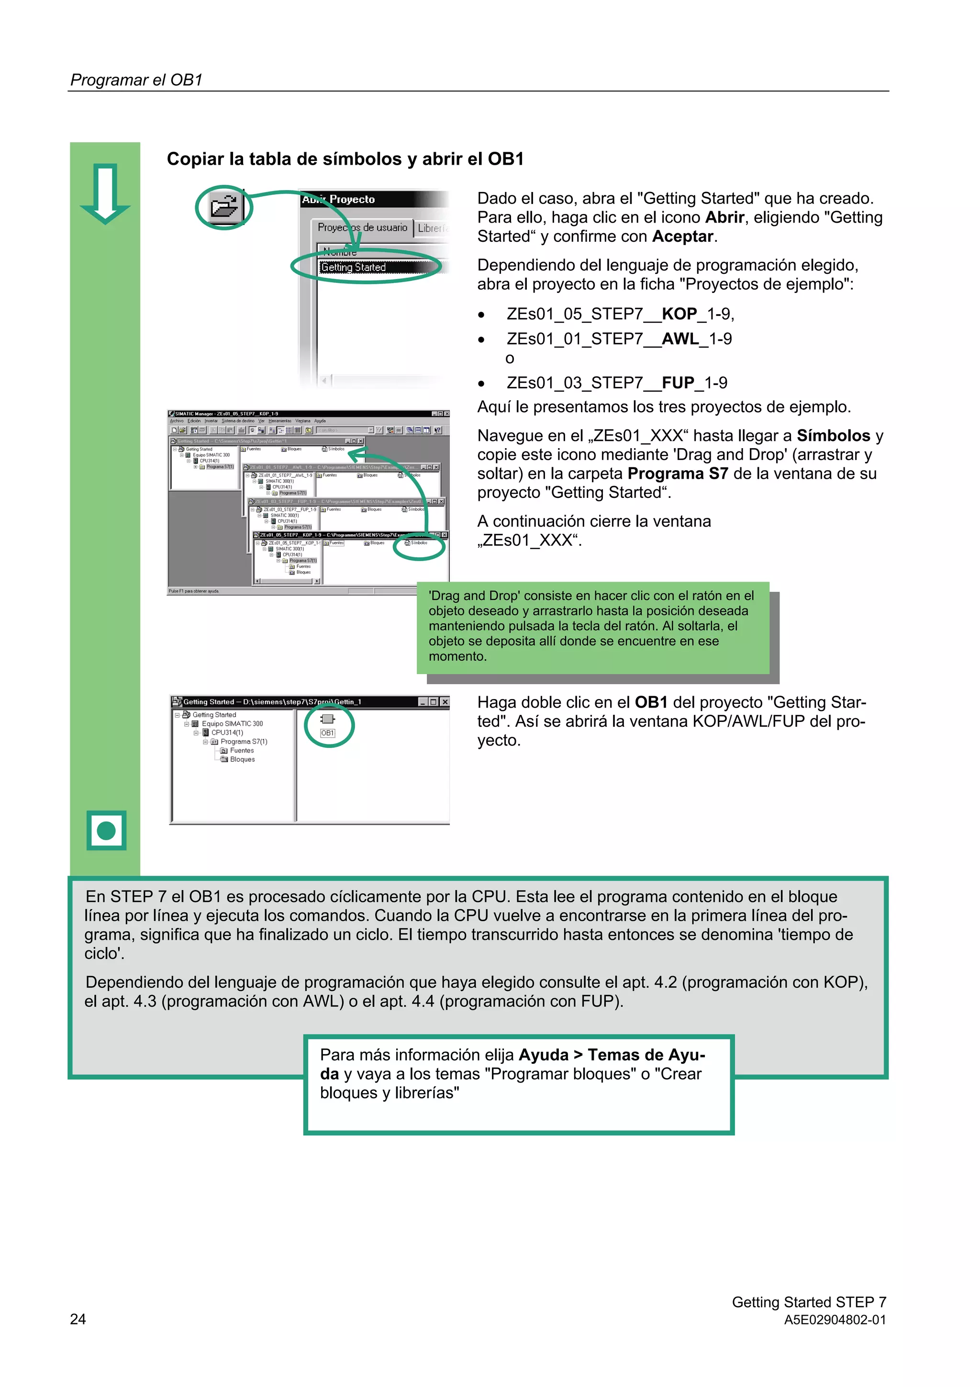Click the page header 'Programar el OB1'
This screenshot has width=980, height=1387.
136,80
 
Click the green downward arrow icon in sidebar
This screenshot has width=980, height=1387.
105,193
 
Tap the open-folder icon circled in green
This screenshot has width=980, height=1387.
224,207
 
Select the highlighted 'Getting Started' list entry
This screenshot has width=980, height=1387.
354,267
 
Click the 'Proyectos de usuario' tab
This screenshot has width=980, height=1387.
362,228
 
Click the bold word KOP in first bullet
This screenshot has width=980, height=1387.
679,314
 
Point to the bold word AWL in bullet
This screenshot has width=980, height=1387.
680,339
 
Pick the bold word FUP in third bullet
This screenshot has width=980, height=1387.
678,383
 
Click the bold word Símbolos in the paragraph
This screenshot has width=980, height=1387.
833,436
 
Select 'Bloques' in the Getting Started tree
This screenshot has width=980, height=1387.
242,759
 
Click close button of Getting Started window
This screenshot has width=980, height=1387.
445,702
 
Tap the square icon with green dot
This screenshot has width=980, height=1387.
106,831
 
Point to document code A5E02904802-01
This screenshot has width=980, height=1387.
835,1320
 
